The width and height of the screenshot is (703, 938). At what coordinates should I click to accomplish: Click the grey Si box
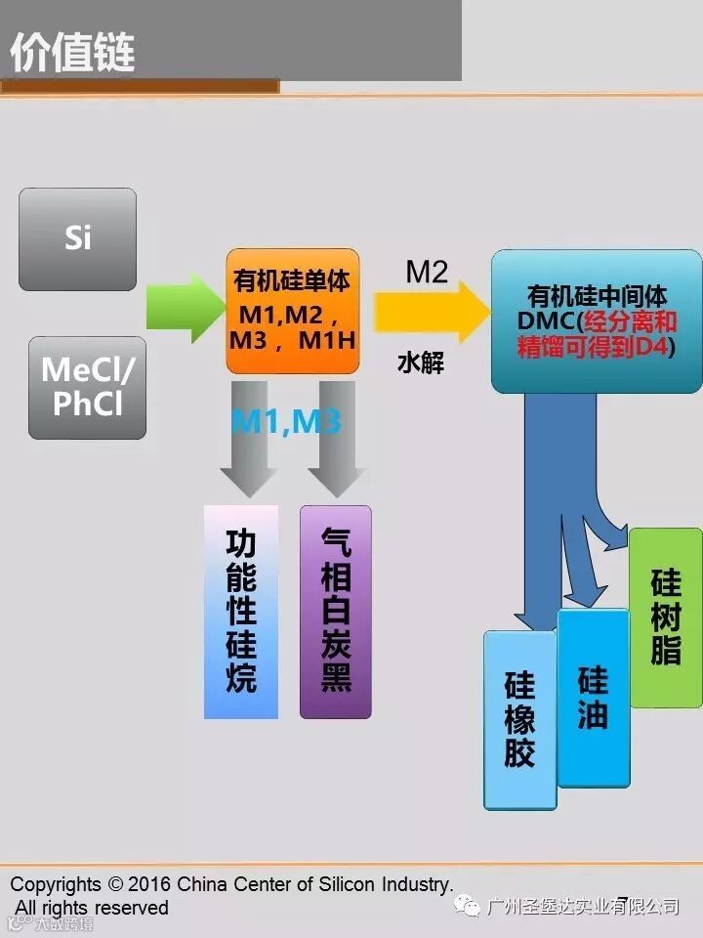tap(77, 239)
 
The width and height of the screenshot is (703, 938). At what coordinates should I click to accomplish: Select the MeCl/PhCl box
tap(88, 387)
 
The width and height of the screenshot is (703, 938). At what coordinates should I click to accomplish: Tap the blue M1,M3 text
tap(285, 422)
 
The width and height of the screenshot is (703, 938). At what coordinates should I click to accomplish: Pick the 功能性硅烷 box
tap(241, 612)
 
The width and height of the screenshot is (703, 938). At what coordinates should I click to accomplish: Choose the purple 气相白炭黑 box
tap(336, 612)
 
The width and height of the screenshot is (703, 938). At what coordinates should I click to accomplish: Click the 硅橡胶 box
tap(519, 719)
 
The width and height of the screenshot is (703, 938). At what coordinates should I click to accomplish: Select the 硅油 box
tap(593, 698)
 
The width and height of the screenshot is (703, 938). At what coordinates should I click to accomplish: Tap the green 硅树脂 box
tap(666, 618)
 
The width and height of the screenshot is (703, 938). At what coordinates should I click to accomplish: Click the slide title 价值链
tap(72, 53)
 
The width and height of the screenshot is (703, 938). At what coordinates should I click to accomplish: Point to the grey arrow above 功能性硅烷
tap(250, 440)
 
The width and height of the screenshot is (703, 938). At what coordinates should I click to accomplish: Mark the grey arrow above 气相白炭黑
tap(337, 440)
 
